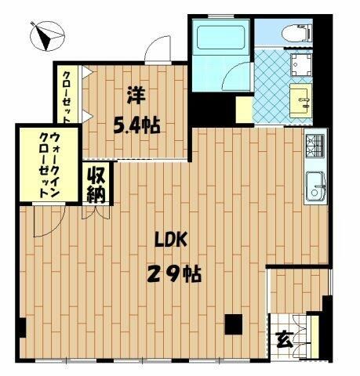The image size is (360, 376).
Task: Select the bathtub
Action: point(221,38)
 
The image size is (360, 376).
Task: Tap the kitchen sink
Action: point(315,185)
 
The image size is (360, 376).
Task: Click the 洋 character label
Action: point(136,95)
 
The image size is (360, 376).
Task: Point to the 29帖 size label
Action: point(173,274)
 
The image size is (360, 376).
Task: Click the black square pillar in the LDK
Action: point(233,323)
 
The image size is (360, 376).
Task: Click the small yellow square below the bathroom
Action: point(243,109)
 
